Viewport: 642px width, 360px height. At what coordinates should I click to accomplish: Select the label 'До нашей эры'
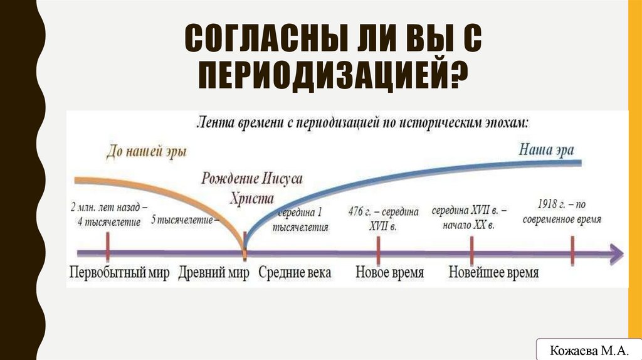tap(145, 151)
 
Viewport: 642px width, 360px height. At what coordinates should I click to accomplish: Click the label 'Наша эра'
tap(545, 149)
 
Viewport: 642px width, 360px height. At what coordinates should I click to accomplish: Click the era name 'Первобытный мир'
tap(119, 273)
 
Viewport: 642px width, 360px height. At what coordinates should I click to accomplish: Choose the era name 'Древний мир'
tap(214, 273)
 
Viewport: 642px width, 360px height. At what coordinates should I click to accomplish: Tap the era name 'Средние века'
tap(295, 273)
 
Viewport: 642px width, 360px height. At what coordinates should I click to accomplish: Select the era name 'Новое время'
tap(389, 273)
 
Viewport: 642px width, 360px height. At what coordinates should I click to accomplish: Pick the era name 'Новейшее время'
tap(493, 273)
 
